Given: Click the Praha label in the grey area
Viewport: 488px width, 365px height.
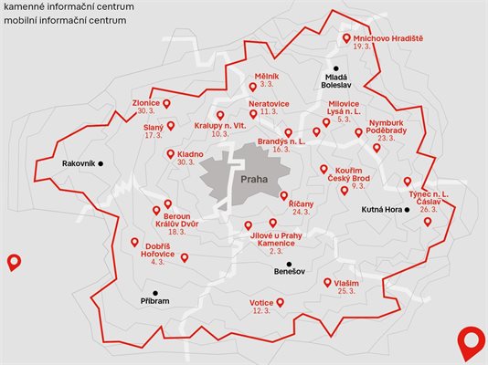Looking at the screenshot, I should (x=255, y=179).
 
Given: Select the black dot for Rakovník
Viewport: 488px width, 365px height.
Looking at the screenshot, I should (x=101, y=163).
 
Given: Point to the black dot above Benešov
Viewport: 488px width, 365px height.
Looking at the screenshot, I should (x=290, y=264).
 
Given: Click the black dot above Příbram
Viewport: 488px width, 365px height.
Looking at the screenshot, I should (x=156, y=293).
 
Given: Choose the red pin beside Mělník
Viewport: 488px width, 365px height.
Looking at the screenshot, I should (x=253, y=88).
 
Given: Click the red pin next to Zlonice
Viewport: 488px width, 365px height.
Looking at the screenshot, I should (x=166, y=103).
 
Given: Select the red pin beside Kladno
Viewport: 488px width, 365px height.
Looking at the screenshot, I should (x=171, y=154).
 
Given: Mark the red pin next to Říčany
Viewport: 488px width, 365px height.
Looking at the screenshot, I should (x=283, y=195).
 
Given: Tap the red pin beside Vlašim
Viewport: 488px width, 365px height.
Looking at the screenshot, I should (x=326, y=283).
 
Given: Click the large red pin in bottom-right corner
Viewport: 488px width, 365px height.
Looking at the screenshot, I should (x=470, y=341).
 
